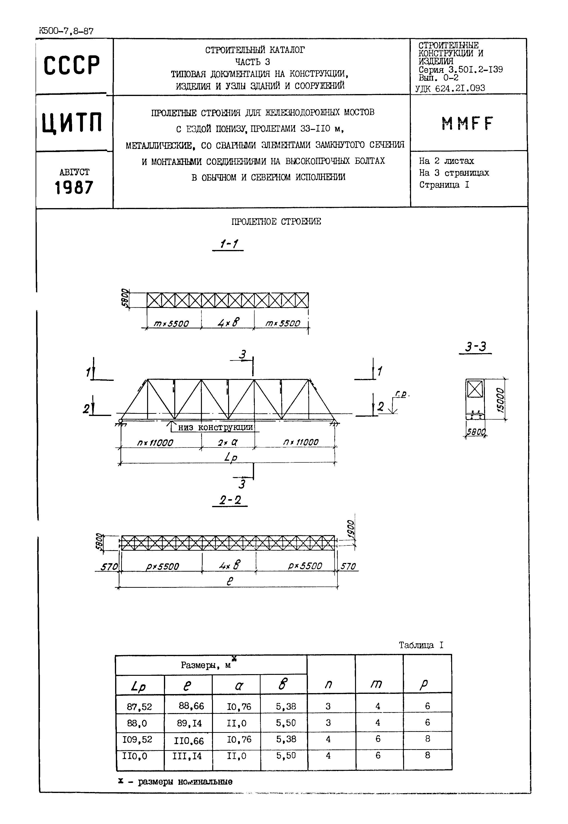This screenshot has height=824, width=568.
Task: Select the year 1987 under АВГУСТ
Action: tap(74, 187)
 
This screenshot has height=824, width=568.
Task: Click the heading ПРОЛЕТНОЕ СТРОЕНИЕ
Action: tap(276, 222)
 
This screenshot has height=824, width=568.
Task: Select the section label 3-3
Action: tap(475, 347)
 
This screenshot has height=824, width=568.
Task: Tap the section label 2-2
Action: tap(230, 500)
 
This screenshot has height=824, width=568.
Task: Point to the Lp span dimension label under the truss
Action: tap(231, 457)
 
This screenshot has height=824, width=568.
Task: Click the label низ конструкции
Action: tap(215, 427)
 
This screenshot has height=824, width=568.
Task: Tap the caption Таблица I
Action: tap(421, 645)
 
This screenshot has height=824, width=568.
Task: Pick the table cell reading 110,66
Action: tap(189, 741)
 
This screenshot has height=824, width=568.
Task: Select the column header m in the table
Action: tap(376, 684)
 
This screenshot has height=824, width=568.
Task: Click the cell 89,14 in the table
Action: tap(189, 723)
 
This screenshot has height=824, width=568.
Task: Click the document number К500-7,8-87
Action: tap(66, 31)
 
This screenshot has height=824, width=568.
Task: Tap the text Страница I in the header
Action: tap(444, 185)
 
